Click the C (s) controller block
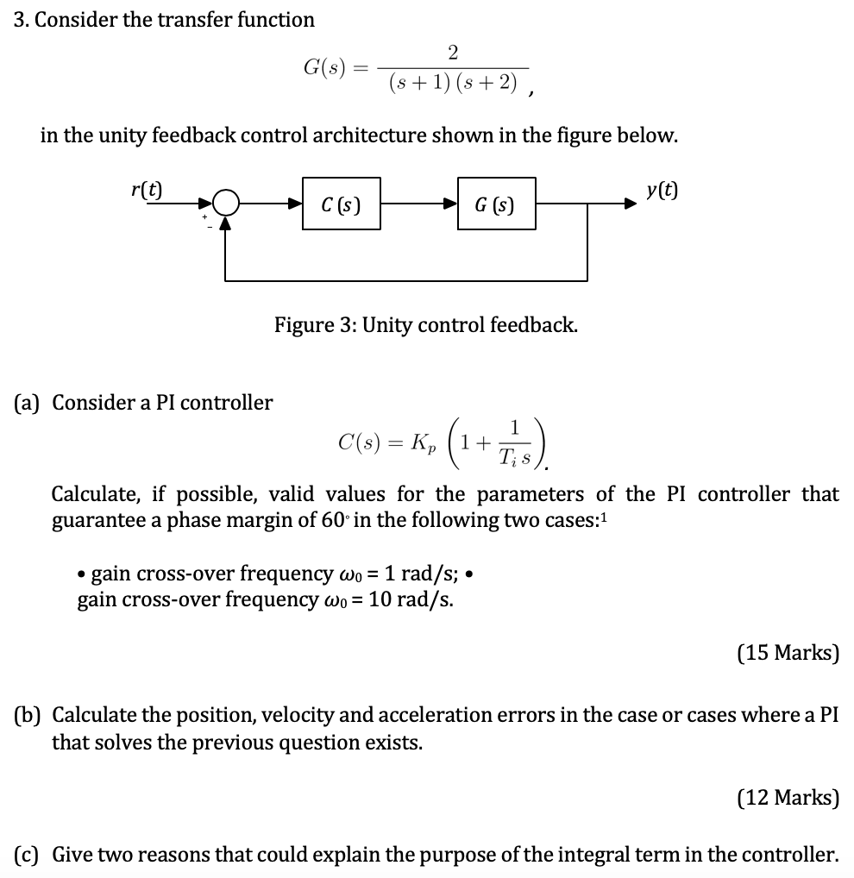click(341, 205)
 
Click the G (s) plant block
click(496, 205)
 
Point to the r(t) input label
click(148, 188)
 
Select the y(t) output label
click(662, 189)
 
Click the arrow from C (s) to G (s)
click(418, 205)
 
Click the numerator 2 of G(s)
click(454, 53)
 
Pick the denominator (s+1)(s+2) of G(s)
click(454, 84)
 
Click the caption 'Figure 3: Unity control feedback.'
click(426, 325)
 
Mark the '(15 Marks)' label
click(788, 652)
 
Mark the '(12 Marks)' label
click(788, 798)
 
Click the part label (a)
click(30, 402)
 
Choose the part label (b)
click(30, 716)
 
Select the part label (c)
click(30, 855)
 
